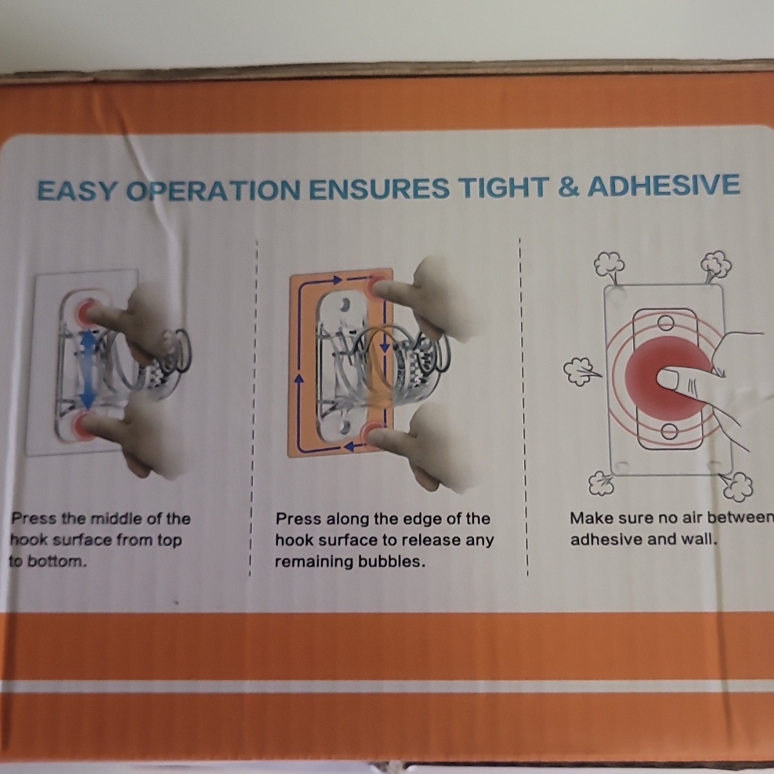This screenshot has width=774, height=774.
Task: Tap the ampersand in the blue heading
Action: pos(568,186)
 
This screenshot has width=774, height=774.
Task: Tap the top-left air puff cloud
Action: pos(609,264)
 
